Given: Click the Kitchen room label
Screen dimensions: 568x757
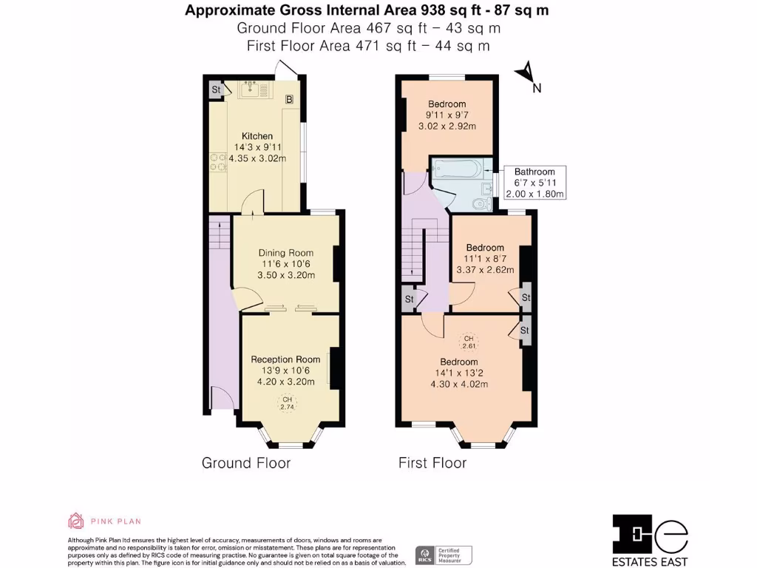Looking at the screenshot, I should pyautogui.click(x=257, y=136).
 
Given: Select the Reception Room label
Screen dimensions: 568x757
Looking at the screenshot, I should pyautogui.click(x=285, y=359).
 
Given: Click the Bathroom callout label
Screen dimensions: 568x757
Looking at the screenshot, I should pyautogui.click(x=534, y=172).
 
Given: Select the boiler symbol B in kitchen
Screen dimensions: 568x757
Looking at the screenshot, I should pyautogui.click(x=290, y=98).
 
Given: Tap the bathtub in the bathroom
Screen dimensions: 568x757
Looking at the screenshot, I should pyautogui.click(x=458, y=169).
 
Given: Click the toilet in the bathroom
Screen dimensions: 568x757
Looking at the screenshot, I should pyautogui.click(x=481, y=203).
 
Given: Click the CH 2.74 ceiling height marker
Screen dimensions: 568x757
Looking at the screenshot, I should pyautogui.click(x=286, y=403).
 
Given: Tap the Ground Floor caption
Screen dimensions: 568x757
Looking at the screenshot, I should pyautogui.click(x=246, y=463).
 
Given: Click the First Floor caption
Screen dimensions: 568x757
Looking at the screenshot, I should pyautogui.click(x=432, y=463).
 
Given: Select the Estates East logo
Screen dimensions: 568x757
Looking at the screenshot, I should pyautogui.click(x=651, y=538).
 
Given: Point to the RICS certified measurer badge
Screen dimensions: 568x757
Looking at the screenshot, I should pyautogui.click(x=444, y=555).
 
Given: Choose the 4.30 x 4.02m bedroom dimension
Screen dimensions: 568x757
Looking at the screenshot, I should pyautogui.click(x=459, y=384).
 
